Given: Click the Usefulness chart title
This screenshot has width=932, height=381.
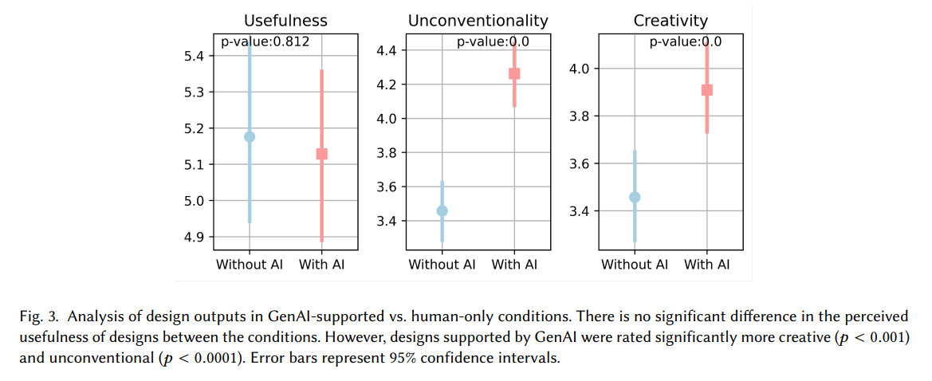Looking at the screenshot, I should (x=285, y=21).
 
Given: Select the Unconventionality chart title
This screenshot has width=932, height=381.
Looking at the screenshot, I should (x=478, y=21).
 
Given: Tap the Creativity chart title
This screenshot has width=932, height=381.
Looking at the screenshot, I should (x=670, y=21).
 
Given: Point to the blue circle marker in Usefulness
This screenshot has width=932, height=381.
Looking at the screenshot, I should (x=250, y=136).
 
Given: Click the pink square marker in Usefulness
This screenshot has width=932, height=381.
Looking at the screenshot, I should (x=322, y=154).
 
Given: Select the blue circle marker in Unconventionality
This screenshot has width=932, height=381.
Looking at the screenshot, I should (x=442, y=210).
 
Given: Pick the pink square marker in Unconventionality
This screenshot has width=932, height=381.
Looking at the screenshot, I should (x=514, y=73).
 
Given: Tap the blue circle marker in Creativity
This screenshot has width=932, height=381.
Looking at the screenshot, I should (x=635, y=197).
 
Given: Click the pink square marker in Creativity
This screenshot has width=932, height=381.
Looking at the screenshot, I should (x=707, y=90).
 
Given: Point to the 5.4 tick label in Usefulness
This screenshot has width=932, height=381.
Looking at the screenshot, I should (x=194, y=56).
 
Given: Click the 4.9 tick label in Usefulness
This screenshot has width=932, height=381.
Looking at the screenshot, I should (x=194, y=237).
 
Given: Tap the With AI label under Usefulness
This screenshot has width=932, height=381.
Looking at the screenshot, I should (x=322, y=264).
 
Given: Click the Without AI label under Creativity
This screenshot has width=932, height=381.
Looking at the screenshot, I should (x=635, y=264).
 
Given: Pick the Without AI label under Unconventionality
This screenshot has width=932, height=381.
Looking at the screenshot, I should (x=442, y=264).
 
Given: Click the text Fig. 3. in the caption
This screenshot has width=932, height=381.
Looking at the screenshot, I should (x=38, y=316).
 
